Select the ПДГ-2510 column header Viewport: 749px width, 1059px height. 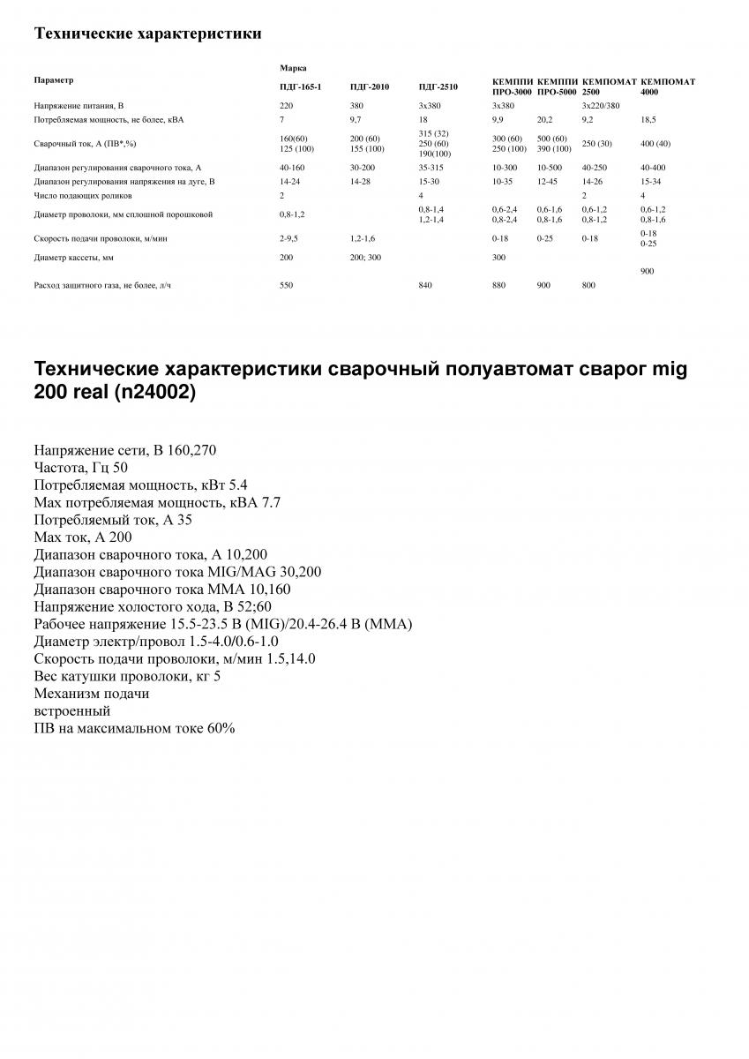pyautogui.click(x=438, y=86)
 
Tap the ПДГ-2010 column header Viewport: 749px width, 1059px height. pyautogui.click(x=370, y=86)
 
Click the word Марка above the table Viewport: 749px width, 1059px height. pyautogui.click(x=293, y=67)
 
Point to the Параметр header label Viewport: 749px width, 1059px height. pyautogui.click(x=54, y=80)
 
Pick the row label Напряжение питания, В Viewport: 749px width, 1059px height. pyautogui.click(x=79, y=105)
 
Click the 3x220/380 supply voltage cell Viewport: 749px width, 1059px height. pyautogui.click(x=601, y=105)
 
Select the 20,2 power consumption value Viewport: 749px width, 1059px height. pyautogui.click(x=545, y=117)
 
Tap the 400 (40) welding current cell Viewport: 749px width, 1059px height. pyautogui.click(x=655, y=143)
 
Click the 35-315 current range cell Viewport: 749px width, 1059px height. pyautogui.click(x=431, y=168)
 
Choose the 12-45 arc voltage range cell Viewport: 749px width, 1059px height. pyautogui.click(x=547, y=181)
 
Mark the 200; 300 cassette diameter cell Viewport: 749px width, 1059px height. pyautogui.click(x=365, y=258)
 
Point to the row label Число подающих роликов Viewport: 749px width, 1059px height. pyautogui.click(x=83, y=194)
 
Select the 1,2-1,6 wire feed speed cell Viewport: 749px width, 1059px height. pyautogui.click(x=363, y=238)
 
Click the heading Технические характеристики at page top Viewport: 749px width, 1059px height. pyautogui.click(x=147, y=34)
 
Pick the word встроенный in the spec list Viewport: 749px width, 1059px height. pyautogui.click(x=72, y=710)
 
